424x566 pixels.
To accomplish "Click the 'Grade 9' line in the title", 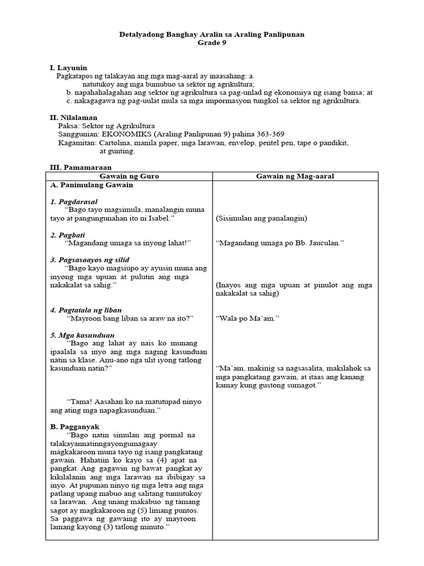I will click(x=212, y=44).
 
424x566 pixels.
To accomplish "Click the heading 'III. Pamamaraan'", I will click(x=81, y=166).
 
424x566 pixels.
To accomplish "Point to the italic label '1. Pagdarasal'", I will click(x=74, y=202).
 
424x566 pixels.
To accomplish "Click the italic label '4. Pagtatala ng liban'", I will click(x=86, y=310).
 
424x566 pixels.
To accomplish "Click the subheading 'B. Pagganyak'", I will click(x=75, y=427).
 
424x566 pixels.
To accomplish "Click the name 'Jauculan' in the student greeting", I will click(x=325, y=243).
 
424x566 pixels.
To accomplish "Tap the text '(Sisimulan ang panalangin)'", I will click(x=261, y=218).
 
